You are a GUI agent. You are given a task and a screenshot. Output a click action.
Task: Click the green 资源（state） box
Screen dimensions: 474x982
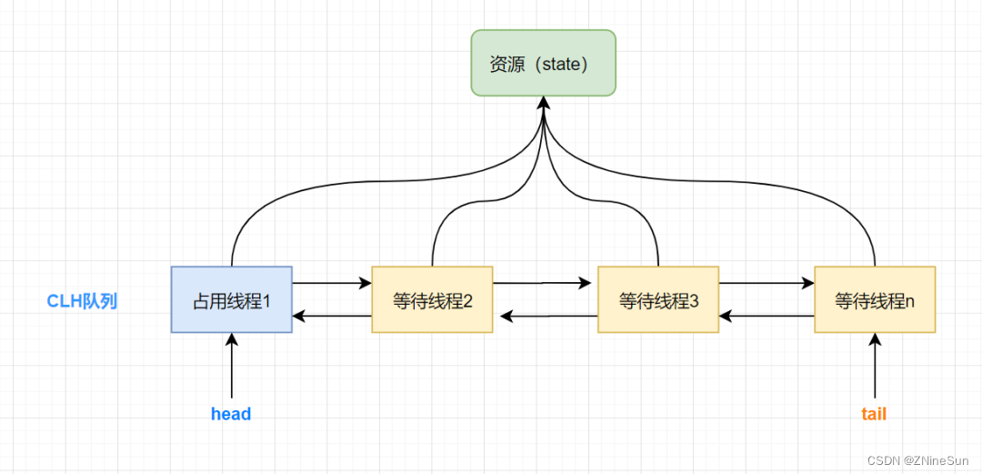pyautogui.click(x=543, y=63)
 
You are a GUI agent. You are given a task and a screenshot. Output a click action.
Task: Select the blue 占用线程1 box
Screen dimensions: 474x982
pyautogui.click(x=232, y=299)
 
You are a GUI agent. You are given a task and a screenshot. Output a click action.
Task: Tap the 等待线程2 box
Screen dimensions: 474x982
pyautogui.click(x=432, y=299)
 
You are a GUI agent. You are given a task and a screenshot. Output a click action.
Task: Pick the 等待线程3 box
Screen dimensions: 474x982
pyautogui.click(x=657, y=299)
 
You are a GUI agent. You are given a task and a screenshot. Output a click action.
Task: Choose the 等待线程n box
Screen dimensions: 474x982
pyautogui.click(x=875, y=299)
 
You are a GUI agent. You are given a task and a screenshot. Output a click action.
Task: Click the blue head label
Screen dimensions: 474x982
pyautogui.click(x=231, y=414)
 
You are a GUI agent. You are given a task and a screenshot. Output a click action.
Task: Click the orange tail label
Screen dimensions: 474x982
pyautogui.click(x=874, y=414)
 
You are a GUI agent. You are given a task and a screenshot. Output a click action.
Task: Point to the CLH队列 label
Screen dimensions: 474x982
pyautogui.click(x=82, y=301)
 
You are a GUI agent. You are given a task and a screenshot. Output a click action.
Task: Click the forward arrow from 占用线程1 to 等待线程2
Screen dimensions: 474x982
pyautogui.click(x=332, y=283)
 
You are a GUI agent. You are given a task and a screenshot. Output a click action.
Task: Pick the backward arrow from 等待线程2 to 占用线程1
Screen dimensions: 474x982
pyautogui.click(x=332, y=317)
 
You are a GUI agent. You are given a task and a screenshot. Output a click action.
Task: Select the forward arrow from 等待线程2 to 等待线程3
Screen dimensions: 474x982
pyautogui.click(x=543, y=283)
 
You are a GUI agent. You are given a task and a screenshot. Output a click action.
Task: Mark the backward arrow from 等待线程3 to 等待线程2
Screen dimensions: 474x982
pyautogui.click(x=548, y=317)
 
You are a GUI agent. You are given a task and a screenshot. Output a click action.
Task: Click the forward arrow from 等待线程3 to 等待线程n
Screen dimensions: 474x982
pyautogui.click(x=767, y=283)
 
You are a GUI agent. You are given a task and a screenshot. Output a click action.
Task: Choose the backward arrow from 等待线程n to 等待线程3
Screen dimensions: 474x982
pyautogui.click(x=767, y=317)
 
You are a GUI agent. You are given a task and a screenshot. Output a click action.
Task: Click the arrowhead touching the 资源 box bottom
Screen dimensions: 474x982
pyautogui.click(x=544, y=103)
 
